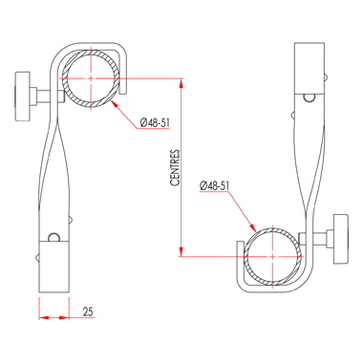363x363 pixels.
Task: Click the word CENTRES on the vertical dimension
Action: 175,168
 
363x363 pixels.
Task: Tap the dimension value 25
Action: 88,311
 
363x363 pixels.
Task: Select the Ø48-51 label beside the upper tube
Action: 155,122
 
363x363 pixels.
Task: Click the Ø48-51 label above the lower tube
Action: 215,185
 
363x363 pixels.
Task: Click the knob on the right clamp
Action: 341,239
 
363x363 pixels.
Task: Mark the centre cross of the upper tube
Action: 91,78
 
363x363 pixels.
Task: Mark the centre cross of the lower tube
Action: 272,256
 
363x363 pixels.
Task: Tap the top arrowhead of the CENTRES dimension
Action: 181,83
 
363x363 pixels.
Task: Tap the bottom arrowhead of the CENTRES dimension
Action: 181,251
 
